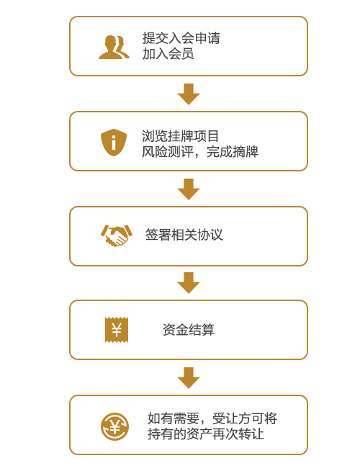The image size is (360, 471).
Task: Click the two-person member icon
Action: point(114,47)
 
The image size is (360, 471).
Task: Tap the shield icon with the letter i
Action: point(114,143)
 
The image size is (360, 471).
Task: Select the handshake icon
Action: point(116,235)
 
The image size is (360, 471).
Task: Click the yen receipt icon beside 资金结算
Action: point(117,330)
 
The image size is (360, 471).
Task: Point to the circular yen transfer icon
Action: point(114,426)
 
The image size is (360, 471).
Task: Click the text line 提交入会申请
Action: point(181,38)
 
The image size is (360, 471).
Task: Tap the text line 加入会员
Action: point(168,54)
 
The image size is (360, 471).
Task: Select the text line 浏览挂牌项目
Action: point(180,136)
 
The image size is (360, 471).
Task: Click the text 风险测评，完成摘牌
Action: point(200,152)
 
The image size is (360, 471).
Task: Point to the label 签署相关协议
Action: point(184,235)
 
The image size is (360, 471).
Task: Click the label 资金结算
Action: point(189,330)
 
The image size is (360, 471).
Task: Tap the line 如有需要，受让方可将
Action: point(212,418)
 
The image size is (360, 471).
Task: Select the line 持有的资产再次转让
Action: point(206,434)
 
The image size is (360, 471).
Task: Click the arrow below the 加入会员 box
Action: point(189,94)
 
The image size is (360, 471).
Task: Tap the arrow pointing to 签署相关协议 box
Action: point(189,189)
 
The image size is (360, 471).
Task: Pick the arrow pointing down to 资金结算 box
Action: point(189,283)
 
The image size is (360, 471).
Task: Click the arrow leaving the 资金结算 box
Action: point(189,378)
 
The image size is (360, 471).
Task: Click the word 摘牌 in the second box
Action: point(246,152)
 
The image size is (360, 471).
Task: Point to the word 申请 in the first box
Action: point(207,38)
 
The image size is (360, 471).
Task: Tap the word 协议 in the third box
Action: point(210,235)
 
